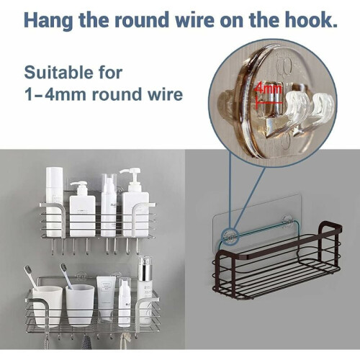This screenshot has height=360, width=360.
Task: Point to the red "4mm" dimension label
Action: pos(268,89)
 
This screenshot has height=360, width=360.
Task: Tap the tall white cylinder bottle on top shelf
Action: pos(54,202)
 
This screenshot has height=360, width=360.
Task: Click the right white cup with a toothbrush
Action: pos(80,305)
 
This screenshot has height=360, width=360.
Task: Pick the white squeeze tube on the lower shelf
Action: pos(106,298)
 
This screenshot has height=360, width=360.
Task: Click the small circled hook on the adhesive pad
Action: pos(230,235)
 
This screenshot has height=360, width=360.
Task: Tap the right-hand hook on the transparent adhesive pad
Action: pos(287,221)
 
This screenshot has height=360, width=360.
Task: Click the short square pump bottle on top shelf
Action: pos(82,209)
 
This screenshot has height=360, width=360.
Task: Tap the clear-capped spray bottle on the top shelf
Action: pos(109,205)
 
